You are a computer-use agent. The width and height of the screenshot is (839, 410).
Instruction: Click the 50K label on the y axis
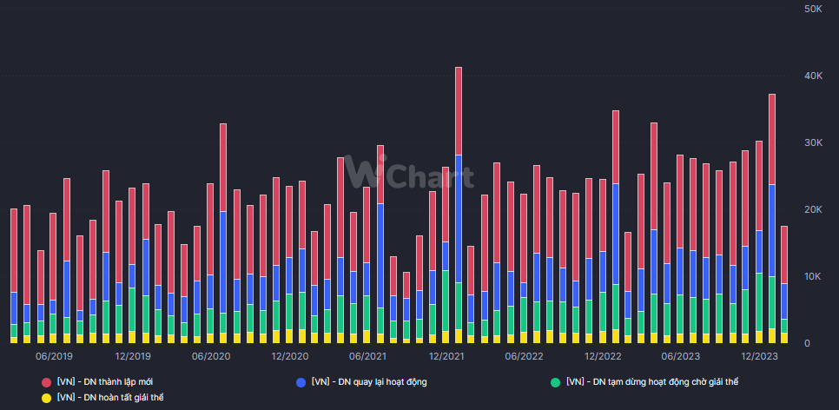[813, 9]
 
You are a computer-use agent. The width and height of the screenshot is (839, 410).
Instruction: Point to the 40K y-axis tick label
[813, 76]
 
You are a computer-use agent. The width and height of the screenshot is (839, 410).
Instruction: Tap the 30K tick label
[813, 143]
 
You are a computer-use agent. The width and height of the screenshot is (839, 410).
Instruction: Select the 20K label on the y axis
[813, 210]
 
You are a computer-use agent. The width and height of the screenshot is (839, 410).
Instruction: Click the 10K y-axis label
[813, 276]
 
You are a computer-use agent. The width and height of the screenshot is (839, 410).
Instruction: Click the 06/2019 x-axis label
[54, 356]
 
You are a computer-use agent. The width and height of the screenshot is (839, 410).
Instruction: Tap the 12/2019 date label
[132, 356]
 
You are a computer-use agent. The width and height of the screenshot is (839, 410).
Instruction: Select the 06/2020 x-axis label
[211, 356]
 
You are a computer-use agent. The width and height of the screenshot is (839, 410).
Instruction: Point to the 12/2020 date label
[289, 356]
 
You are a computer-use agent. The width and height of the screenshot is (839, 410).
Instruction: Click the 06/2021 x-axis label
[367, 356]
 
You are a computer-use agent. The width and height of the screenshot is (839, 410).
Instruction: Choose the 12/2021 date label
[446, 356]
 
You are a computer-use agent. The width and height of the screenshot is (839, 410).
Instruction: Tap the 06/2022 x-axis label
[524, 356]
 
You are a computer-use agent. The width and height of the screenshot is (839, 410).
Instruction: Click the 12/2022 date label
[602, 356]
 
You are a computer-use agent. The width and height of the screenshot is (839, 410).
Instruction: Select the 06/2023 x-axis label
[681, 356]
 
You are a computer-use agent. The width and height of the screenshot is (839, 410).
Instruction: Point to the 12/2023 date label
[759, 356]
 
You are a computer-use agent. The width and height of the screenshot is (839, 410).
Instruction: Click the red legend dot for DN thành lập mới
[46, 382]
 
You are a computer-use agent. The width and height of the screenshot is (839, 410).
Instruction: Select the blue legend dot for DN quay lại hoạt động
[301, 382]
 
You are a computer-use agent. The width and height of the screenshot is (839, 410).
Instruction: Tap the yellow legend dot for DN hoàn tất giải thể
[46, 398]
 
